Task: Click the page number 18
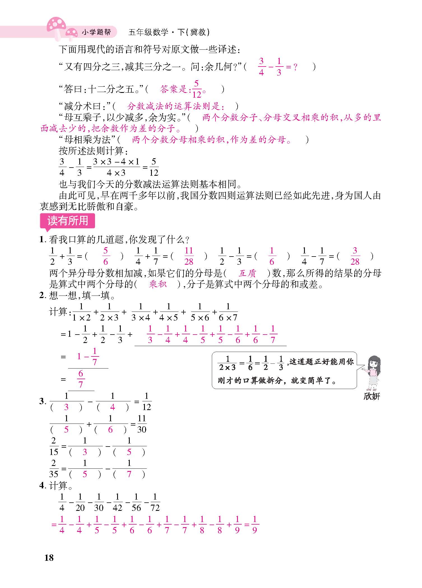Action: (x=49, y=557)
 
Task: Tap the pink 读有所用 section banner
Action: (x=68, y=221)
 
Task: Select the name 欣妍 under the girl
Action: (x=372, y=396)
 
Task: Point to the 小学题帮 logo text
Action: (x=96, y=32)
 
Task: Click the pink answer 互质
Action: (x=247, y=273)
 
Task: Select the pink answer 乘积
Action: (x=158, y=284)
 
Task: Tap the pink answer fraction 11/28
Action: (x=189, y=256)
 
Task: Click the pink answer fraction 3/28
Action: (x=355, y=256)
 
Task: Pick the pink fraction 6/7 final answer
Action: (x=81, y=379)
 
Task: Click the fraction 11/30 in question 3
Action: (x=142, y=424)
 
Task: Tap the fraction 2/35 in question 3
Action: (x=54, y=469)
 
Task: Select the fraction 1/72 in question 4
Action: (x=155, y=503)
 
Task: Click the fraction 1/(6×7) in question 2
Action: (x=228, y=312)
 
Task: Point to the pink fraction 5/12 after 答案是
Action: (x=196, y=89)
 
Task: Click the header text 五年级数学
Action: (x=148, y=32)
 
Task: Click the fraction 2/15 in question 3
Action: (x=54, y=446)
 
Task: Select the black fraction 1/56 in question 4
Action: (x=136, y=503)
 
